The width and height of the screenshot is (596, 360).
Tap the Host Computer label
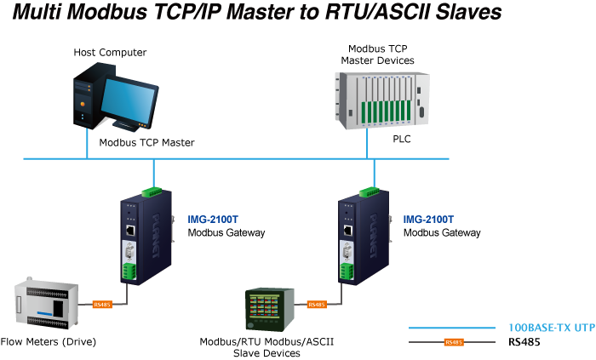click(x=111, y=53)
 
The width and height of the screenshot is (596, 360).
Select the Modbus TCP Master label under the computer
click(x=146, y=143)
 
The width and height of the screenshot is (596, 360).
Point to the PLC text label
click(x=402, y=138)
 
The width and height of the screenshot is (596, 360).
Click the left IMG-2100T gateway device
click(x=141, y=239)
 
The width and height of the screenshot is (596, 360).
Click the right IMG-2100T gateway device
click(x=358, y=239)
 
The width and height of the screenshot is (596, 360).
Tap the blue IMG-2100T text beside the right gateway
click(x=428, y=219)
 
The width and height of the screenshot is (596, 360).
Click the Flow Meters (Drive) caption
click(x=49, y=342)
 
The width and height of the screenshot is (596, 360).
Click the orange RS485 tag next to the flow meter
click(x=102, y=304)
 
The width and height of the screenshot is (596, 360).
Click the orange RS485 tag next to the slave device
click(x=316, y=304)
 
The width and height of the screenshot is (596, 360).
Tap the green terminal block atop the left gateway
click(x=152, y=190)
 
